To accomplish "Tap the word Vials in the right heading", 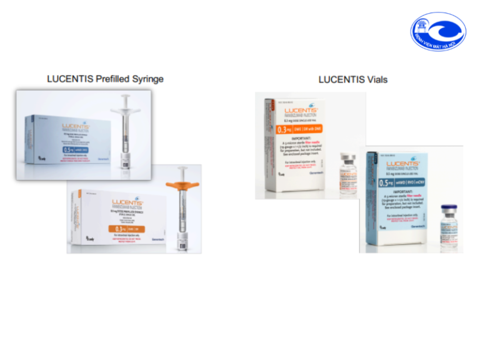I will (375, 79).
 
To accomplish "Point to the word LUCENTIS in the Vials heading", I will (340, 79).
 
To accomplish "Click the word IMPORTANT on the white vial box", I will (293, 141).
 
